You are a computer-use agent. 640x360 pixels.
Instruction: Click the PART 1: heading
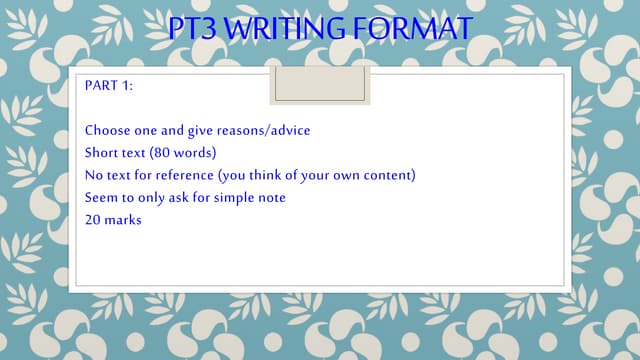[109, 86]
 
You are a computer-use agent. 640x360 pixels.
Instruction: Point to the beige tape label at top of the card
[320, 85]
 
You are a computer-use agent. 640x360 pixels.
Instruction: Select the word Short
[103, 153]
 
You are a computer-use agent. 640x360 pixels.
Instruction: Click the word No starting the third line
[94, 175]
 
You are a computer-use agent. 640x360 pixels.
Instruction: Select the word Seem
[102, 197]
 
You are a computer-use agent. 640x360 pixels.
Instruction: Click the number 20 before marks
[93, 219]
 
